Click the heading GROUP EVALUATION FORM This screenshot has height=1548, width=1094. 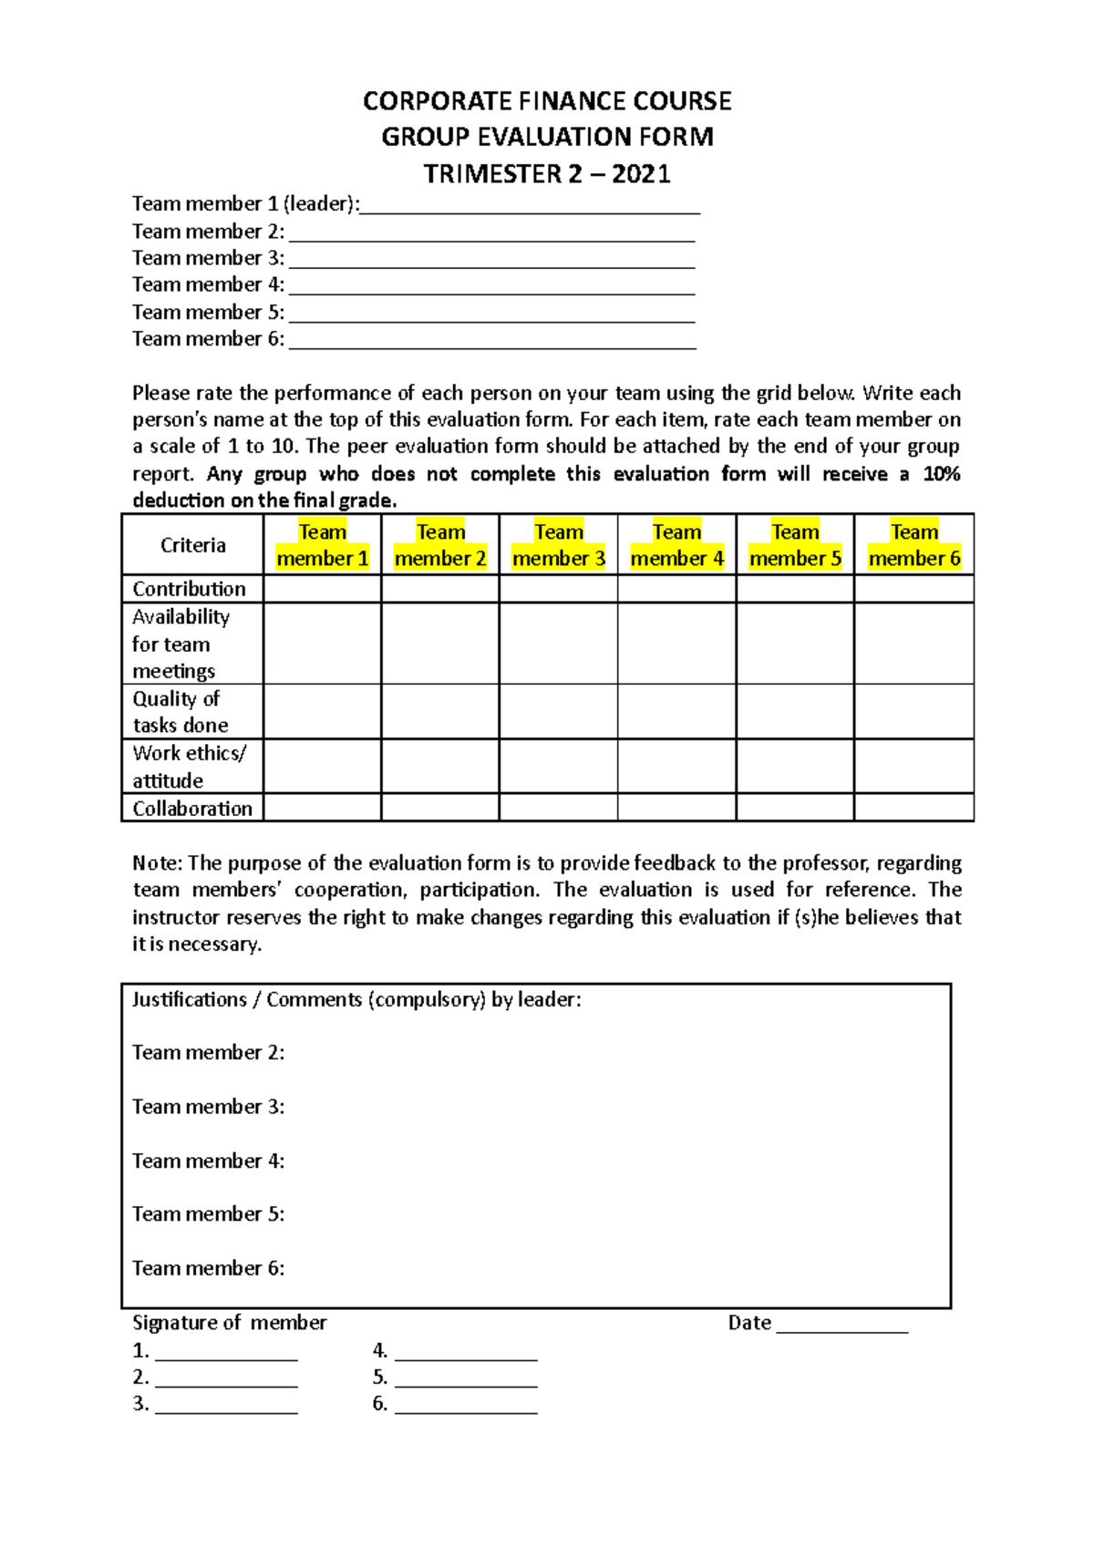pos(547,137)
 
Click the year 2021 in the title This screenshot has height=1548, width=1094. pos(641,173)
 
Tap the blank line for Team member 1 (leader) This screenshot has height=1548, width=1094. pos(530,206)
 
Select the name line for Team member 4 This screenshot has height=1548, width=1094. pos(491,287)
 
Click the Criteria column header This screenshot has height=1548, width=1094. pos(192,545)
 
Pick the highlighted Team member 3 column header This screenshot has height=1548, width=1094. pos(558,545)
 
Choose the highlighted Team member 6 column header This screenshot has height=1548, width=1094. pos(913,545)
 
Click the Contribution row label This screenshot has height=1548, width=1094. pos(189,589)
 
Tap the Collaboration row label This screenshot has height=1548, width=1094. pos(192,809)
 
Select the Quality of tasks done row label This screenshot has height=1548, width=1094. pos(180,712)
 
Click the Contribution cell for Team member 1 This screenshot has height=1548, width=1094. pos(322,589)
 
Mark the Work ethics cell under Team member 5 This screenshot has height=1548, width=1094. pos(795,766)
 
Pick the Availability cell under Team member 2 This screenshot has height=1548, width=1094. pos(440,644)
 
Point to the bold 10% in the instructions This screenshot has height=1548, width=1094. pos(941,474)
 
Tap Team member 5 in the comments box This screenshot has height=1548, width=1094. pos(208,1214)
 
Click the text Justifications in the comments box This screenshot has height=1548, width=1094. pos(189,999)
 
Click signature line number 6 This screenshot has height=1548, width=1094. pos(466,1406)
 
